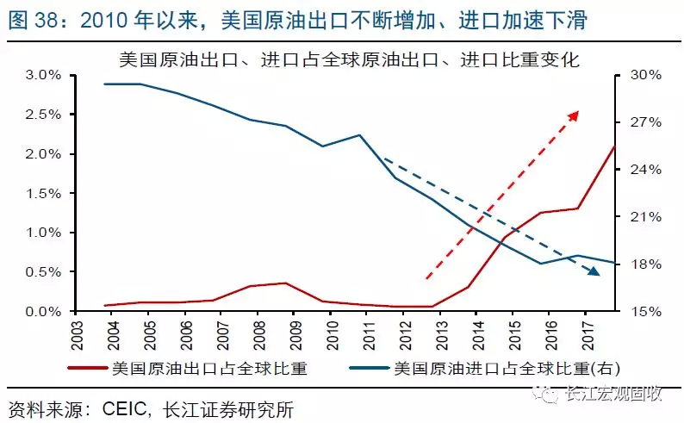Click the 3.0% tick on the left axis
43,75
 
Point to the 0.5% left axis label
43,272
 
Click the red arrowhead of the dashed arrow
575,115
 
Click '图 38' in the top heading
34,20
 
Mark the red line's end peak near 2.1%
613,146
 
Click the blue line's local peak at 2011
359,135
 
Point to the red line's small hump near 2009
286,283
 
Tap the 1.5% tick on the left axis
43,193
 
